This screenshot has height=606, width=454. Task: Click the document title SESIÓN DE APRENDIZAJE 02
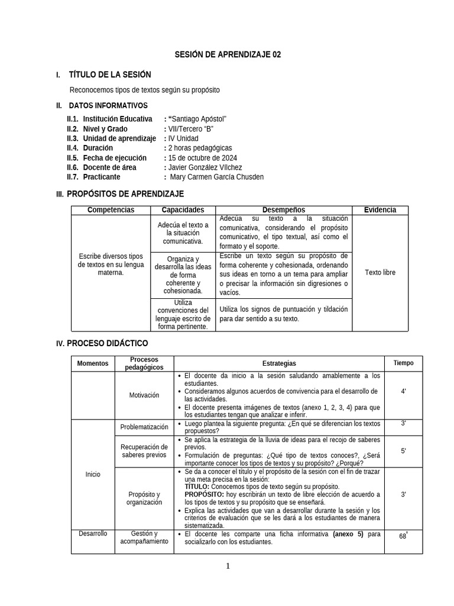tap(227, 54)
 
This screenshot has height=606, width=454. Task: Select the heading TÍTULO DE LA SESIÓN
tap(110, 75)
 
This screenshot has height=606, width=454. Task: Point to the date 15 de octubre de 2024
tap(202, 157)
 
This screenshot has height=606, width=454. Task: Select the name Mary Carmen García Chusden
tap(216, 176)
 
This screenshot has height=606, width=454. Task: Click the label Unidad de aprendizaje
tap(119, 138)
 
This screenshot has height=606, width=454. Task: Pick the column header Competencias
tap(111, 210)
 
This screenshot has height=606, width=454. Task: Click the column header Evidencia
tap(380, 210)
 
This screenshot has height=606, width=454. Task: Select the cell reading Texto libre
tap(380, 273)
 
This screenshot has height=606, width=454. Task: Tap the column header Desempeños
tap(284, 210)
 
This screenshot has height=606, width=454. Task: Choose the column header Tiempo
tap(403, 363)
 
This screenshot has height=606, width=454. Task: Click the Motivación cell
tap(144, 395)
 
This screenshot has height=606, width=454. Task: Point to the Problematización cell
tap(144, 427)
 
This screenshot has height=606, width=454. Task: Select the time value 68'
tap(403, 536)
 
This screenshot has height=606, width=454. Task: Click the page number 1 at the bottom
tap(228, 566)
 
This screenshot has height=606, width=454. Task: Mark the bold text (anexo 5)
tap(348, 534)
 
